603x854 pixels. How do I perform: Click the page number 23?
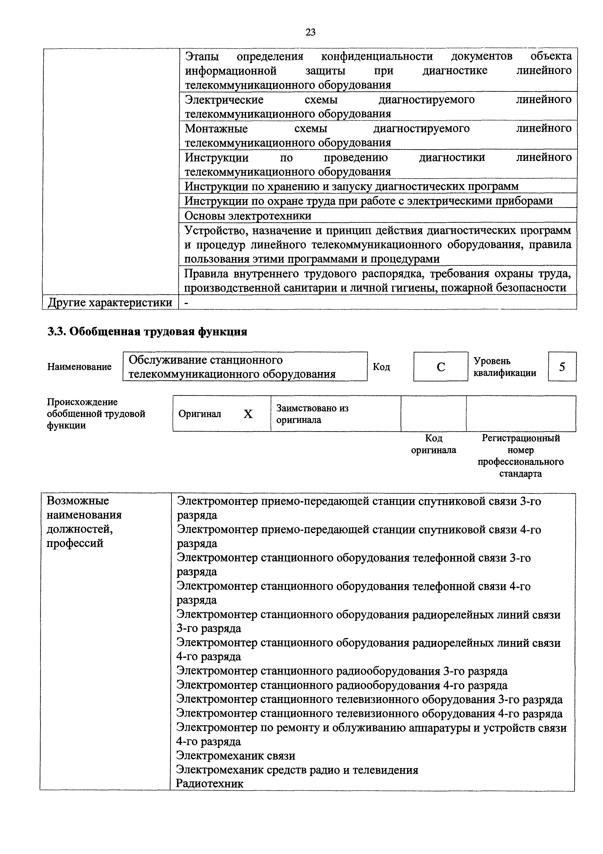point(310,33)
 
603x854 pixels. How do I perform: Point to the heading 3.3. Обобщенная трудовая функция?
point(148,331)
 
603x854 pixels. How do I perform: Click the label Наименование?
point(80,367)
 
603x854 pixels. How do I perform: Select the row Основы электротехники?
point(248,216)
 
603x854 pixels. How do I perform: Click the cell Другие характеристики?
point(110,302)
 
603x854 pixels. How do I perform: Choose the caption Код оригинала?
point(434,444)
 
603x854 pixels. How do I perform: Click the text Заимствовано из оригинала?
point(312,414)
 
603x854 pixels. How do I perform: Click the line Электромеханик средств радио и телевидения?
point(297,770)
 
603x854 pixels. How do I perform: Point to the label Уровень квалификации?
point(505,367)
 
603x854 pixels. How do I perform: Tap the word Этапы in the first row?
point(202,56)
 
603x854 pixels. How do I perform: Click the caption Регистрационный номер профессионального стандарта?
point(521,456)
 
